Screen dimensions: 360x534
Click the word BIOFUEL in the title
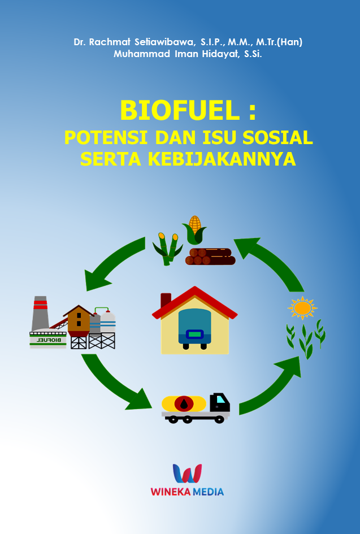pyautogui.click(x=180, y=110)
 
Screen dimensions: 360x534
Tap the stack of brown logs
pyautogui.click(x=210, y=257)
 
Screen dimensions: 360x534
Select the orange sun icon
pyautogui.click(x=302, y=308)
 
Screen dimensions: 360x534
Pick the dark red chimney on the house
pyautogui.click(x=166, y=300)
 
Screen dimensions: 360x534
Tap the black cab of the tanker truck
pyautogui.click(x=220, y=403)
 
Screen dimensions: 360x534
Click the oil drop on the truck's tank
pyautogui.click(x=184, y=404)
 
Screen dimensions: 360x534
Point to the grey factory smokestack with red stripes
pyautogui.click(x=40, y=313)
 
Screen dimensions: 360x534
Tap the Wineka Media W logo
pyautogui.click(x=187, y=473)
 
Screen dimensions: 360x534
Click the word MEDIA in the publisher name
pyautogui.click(x=208, y=492)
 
